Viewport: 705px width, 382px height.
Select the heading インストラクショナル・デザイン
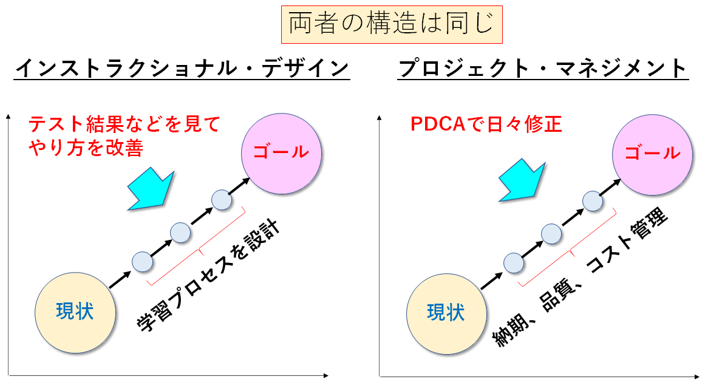coord(182,67)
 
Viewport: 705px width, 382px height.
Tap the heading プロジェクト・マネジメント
coord(543,67)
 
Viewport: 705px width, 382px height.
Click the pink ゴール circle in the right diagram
coord(653,152)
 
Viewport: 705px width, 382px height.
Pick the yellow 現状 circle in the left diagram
coord(75,311)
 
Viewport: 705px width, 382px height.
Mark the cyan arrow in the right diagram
coord(521,180)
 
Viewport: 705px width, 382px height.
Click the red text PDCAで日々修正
coord(486,124)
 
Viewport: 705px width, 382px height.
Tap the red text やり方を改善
coord(86,148)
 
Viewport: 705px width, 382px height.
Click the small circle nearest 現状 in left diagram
coord(141,261)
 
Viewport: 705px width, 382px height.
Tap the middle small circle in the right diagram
coord(551,233)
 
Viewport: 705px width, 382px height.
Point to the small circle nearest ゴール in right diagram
coord(592,200)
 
